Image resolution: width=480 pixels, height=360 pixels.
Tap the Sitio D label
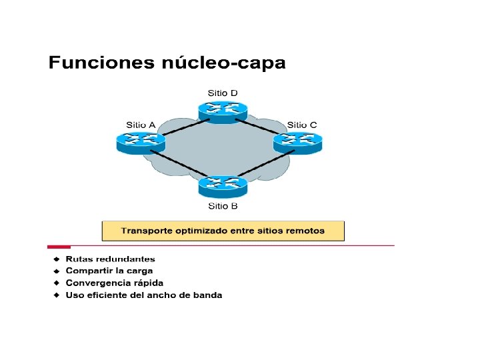[223, 93]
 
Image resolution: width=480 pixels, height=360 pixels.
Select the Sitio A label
[141, 125]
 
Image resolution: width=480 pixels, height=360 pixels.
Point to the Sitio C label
[302, 125]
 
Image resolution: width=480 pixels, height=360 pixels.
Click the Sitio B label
[223, 206]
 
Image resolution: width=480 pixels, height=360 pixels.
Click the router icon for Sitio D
[222, 110]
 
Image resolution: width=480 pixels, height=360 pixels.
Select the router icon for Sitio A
[140, 141]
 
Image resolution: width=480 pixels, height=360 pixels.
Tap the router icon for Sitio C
[297, 141]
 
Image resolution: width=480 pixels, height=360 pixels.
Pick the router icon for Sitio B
[222, 185]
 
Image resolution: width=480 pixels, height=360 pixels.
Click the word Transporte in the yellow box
[147, 231]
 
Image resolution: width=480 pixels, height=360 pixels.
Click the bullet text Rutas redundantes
[110, 259]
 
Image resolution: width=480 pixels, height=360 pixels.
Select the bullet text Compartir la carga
[109, 271]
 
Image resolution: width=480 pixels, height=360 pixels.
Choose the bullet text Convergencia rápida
[114, 283]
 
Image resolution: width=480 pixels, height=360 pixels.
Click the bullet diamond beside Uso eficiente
[57, 295]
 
